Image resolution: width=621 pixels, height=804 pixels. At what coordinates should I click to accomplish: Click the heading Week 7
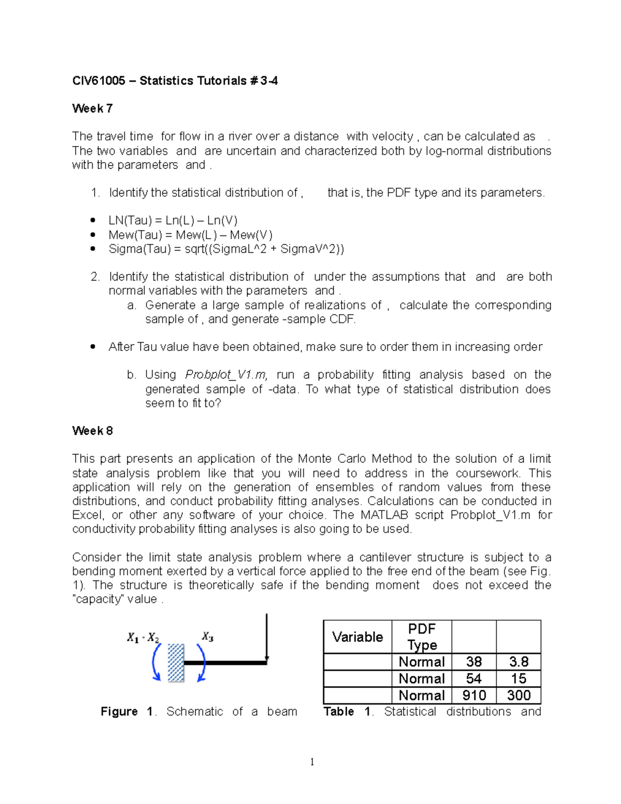[92, 108]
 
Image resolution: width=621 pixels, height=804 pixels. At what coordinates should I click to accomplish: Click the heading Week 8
[92, 431]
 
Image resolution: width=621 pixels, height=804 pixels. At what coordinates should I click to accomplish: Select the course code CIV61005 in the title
[98, 81]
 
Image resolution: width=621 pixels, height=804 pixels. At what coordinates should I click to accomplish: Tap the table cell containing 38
[474, 662]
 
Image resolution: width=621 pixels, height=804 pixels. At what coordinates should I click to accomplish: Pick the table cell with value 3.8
[519, 662]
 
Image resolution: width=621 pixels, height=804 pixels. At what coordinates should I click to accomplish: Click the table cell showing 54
[474, 679]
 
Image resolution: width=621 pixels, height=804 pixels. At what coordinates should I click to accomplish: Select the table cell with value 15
[519, 679]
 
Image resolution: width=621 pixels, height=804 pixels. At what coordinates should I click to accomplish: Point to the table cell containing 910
[474, 695]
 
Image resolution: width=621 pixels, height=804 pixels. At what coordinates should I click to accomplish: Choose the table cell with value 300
[519, 695]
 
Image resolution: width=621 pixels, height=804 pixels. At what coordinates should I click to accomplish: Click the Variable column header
[358, 637]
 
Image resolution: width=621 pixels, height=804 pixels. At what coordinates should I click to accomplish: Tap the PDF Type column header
[422, 637]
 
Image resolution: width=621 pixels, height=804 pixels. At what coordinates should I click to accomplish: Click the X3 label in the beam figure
[208, 637]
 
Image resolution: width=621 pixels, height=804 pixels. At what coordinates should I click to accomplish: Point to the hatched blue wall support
[176, 663]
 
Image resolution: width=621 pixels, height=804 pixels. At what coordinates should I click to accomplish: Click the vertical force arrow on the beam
[267, 637]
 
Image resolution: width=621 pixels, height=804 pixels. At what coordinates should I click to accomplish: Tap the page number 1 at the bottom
[312, 762]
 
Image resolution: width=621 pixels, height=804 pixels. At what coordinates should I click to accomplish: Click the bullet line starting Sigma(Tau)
[226, 249]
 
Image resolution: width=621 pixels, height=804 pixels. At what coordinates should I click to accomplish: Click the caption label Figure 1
[126, 712]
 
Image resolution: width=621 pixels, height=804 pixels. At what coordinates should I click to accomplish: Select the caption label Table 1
[347, 712]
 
